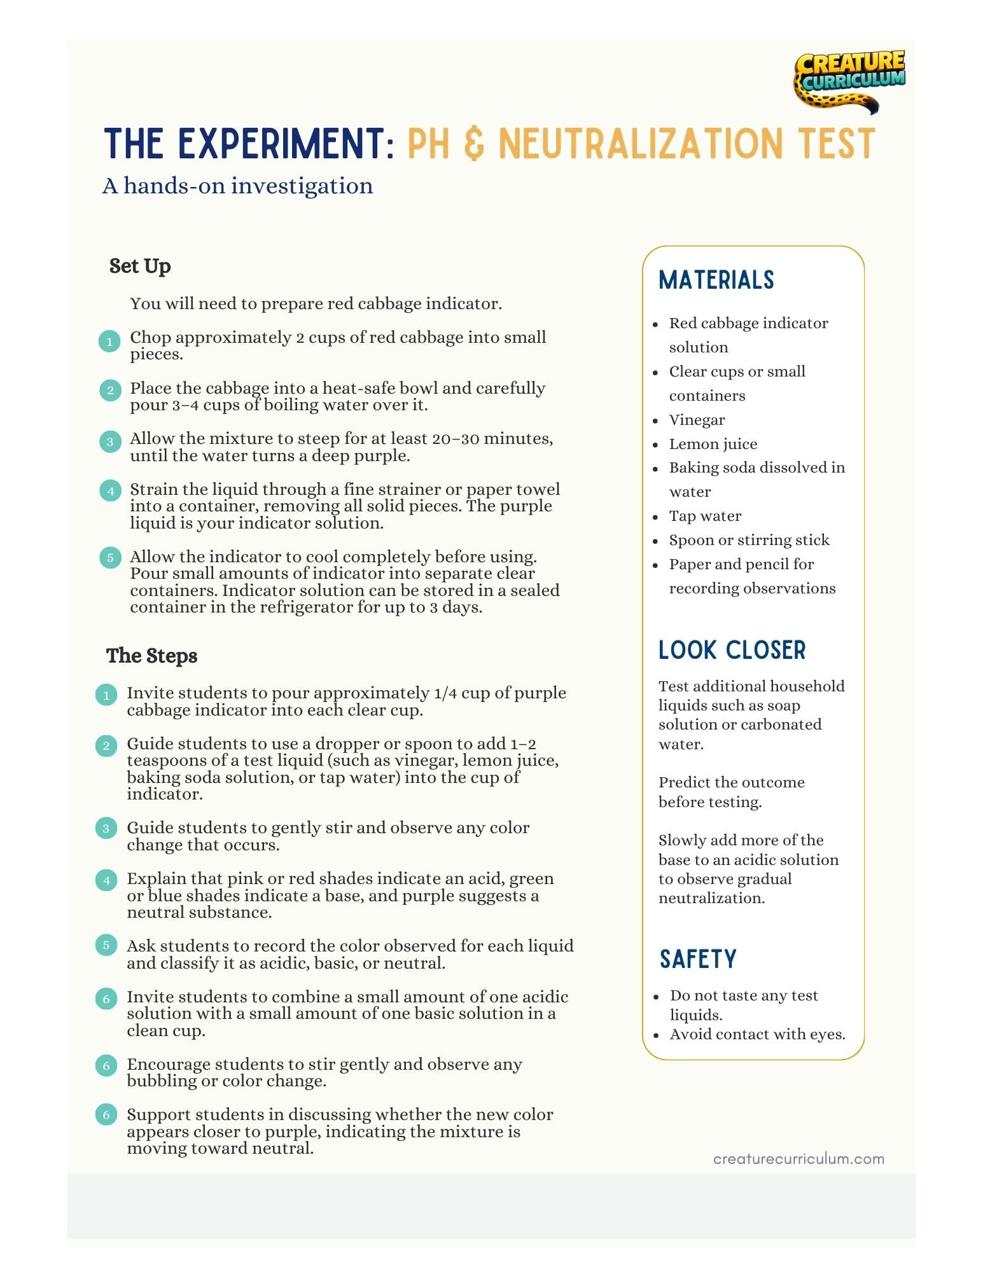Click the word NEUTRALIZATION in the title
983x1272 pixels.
(x=640, y=144)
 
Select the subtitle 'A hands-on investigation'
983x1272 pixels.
(x=237, y=186)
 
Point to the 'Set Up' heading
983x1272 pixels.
(x=140, y=266)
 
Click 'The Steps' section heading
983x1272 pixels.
(x=151, y=656)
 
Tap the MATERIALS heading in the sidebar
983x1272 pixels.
(x=716, y=280)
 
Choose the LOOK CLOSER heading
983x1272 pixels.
(x=732, y=650)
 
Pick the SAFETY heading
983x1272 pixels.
(x=698, y=959)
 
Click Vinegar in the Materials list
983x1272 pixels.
(x=697, y=420)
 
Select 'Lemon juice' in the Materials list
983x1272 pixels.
(x=713, y=444)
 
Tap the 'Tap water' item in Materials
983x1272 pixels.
(x=705, y=516)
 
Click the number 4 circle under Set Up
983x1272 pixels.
(x=110, y=490)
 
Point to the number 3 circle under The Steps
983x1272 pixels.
(x=106, y=828)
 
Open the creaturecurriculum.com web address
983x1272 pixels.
(x=798, y=1159)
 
